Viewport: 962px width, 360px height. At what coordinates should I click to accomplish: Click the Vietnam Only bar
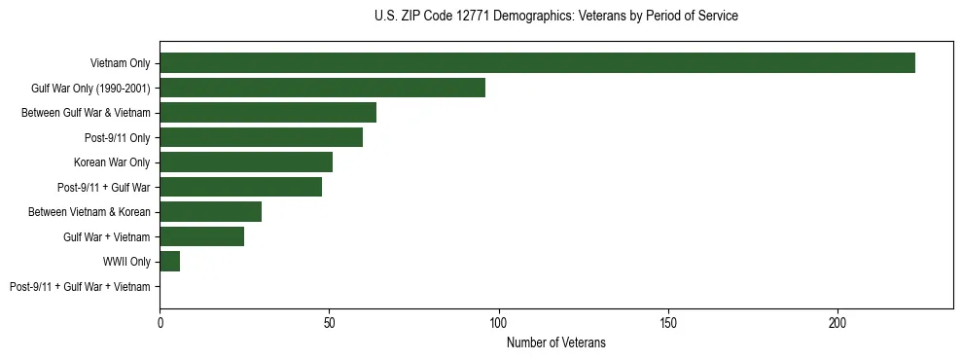pyautogui.click(x=537, y=63)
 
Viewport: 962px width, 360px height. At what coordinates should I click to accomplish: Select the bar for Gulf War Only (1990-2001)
pyautogui.click(x=322, y=88)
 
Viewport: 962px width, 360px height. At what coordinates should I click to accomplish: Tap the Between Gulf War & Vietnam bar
pyautogui.click(x=267, y=113)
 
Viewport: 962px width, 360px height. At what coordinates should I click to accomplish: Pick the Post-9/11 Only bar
pyautogui.click(x=261, y=137)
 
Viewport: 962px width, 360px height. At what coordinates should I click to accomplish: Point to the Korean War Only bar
pyautogui.click(x=246, y=162)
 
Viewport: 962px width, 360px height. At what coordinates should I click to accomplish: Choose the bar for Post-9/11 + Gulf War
pyautogui.click(x=240, y=187)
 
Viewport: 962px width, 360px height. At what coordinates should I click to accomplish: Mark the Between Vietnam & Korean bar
pyautogui.click(x=210, y=212)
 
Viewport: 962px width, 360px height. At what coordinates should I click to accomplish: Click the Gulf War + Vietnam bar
pyautogui.click(x=201, y=236)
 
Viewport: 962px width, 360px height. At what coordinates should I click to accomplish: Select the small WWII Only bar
pyautogui.click(x=169, y=262)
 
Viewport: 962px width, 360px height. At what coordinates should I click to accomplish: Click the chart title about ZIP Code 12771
pyautogui.click(x=555, y=16)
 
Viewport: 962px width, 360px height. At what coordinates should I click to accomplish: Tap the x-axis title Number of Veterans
pyautogui.click(x=555, y=342)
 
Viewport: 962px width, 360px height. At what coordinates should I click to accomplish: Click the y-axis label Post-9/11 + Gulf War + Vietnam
pyautogui.click(x=80, y=287)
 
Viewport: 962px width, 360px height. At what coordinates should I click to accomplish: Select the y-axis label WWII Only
pyautogui.click(x=126, y=262)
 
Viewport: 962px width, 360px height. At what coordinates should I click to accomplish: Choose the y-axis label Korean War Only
pyautogui.click(x=112, y=162)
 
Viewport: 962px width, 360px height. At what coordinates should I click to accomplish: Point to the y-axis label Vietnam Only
pyautogui.click(x=120, y=63)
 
